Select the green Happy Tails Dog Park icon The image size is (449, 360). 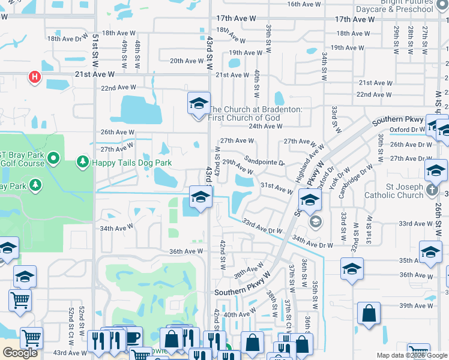click(83, 162)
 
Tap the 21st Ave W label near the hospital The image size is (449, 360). click(95, 74)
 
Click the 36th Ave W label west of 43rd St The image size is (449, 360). click(186, 251)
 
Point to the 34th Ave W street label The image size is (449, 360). click(116, 228)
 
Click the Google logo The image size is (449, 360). click(20, 353)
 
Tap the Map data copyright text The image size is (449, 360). click(412, 355)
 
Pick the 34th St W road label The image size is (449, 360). click(324, 66)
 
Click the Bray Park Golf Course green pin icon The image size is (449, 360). click(53, 158)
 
